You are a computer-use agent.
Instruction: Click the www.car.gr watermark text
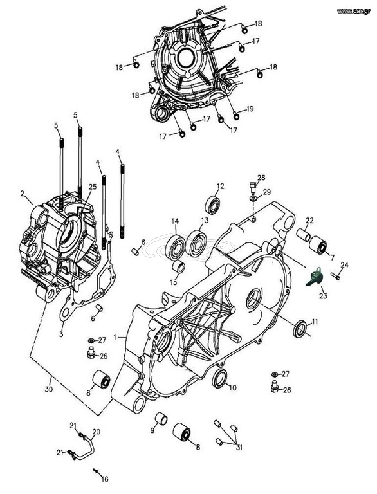pos(354,12)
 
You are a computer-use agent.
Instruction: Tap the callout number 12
pos(220,186)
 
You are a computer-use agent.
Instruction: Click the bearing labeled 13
pos(197,242)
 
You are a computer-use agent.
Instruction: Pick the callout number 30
pos(48,389)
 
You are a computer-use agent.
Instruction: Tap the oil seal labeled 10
pos(220,378)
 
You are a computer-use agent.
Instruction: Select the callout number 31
pos(239,447)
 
